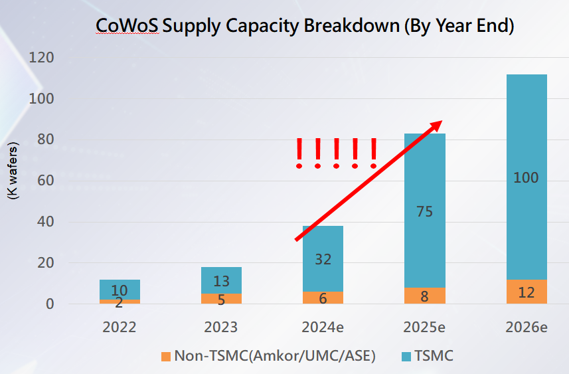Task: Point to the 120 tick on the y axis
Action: pyautogui.click(x=41, y=58)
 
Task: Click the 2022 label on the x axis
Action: pyautogui.click(x=120, y=327)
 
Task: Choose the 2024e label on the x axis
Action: pyautogui.click(x=323, y=327)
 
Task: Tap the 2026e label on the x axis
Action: pyautogui.click(x=526, y=327)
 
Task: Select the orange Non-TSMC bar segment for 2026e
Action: pyautogui.click(x=527, y=292)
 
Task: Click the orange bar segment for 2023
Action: pyautogui.click(x=221, y=299)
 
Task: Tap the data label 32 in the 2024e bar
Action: pyautogui.click(x=323, y=260)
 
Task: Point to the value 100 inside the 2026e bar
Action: pyautogui.click(x=526, y=178)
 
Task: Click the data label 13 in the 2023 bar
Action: pyautogui.click(x=221, y=281)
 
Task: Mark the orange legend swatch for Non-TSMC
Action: pyautogui.click(x=165, y=356)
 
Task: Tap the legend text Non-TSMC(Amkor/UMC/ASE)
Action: pyautogui.click(x=275, y=356)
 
